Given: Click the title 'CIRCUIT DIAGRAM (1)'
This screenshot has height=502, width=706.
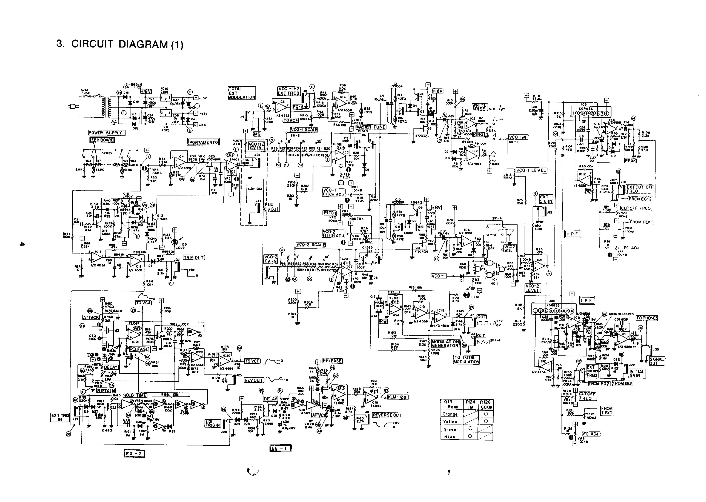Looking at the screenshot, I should click(120, 44).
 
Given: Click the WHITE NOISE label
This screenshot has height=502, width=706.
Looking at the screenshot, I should click(479, 107).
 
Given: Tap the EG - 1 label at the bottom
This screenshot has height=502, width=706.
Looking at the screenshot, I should click(280, 448).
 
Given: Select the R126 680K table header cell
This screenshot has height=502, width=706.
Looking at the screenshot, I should click(486, 405).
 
